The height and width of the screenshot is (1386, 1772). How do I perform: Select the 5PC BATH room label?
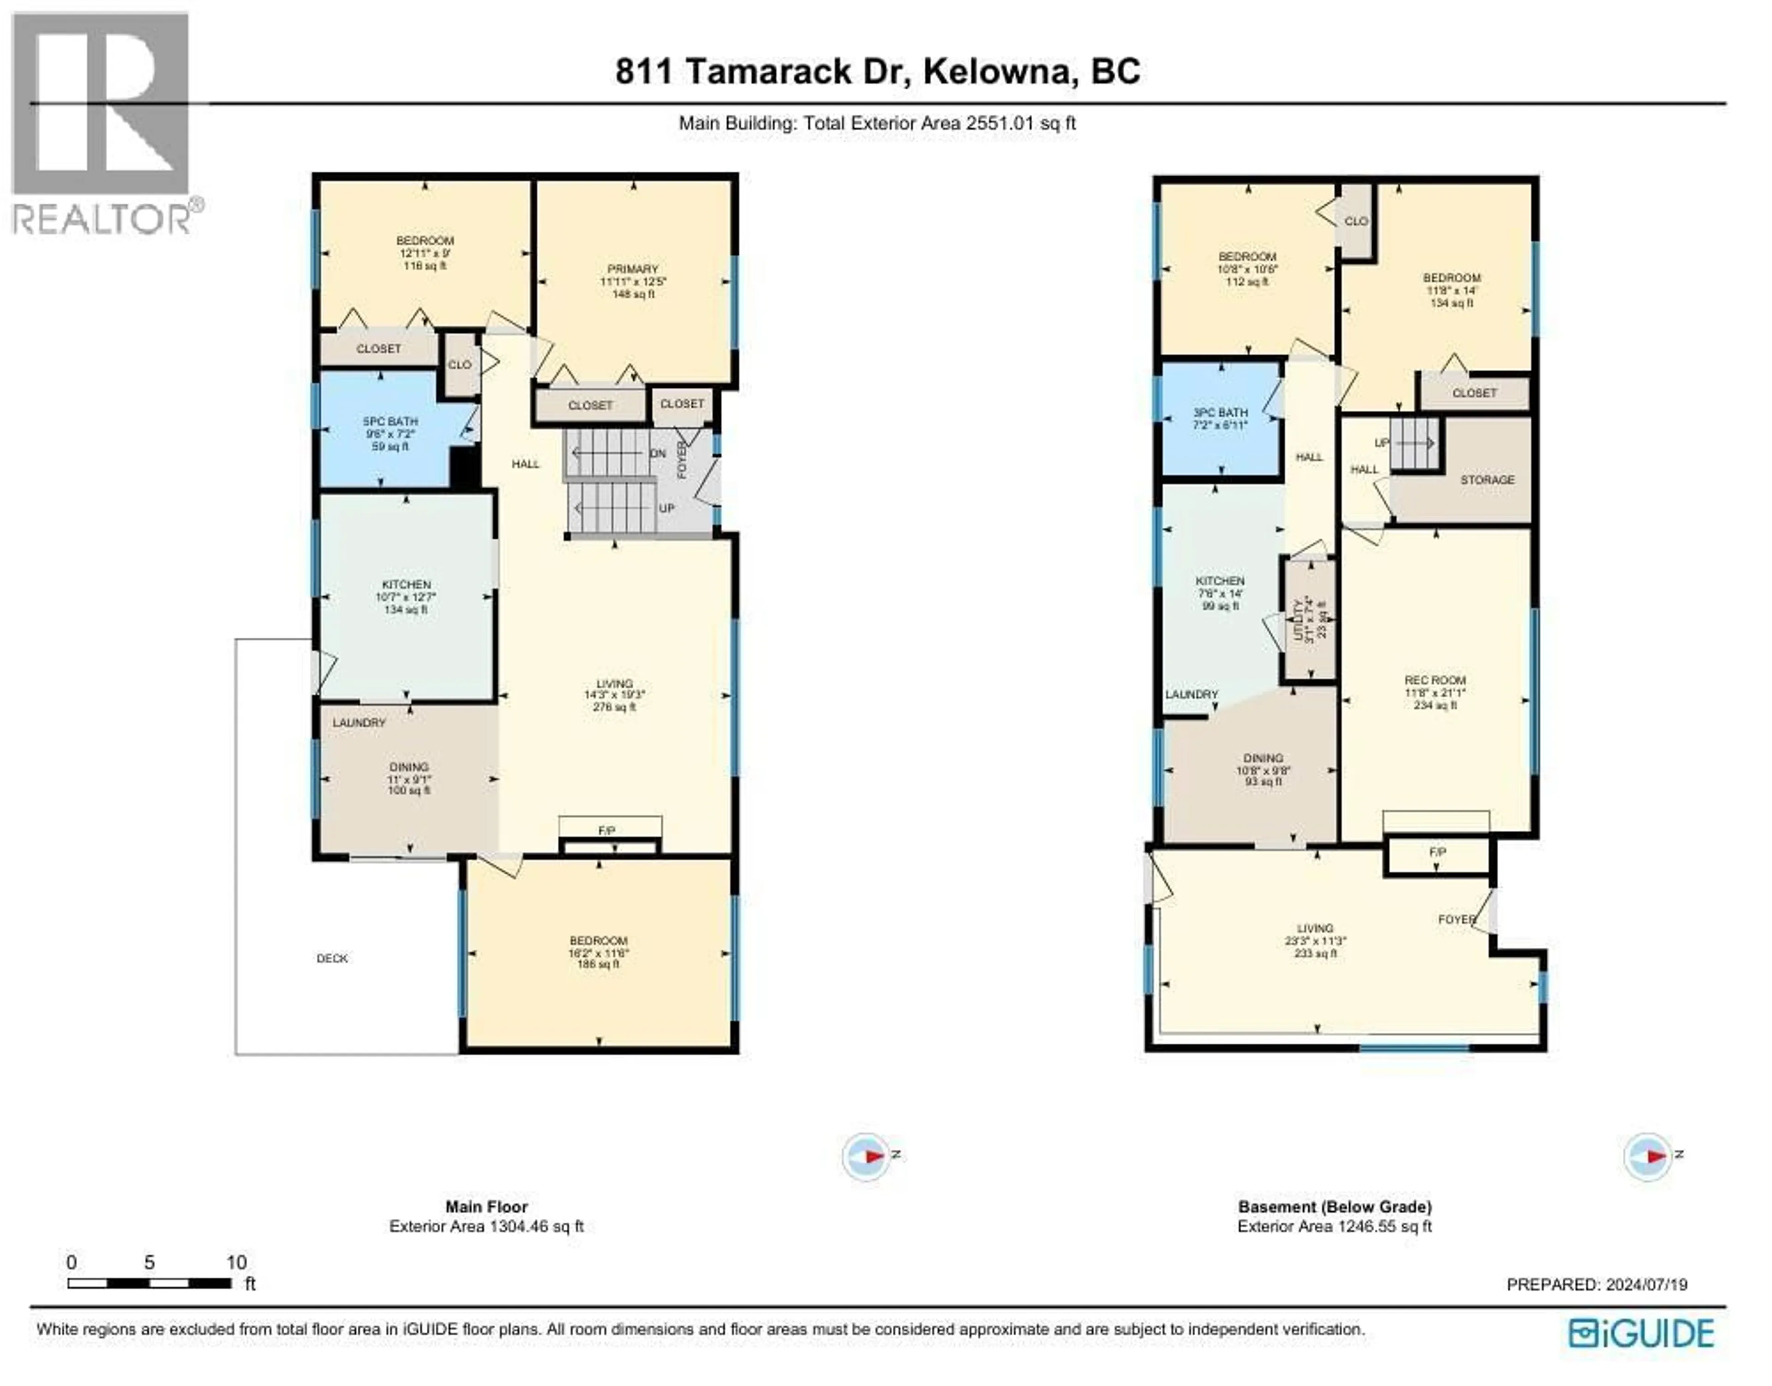tap(390, 422)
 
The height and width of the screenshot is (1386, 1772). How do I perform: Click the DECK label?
tap(332, 958)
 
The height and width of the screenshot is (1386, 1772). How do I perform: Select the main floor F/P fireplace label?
tap(607, 831)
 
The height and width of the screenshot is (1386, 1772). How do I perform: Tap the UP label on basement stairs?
tap(1382, 443)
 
